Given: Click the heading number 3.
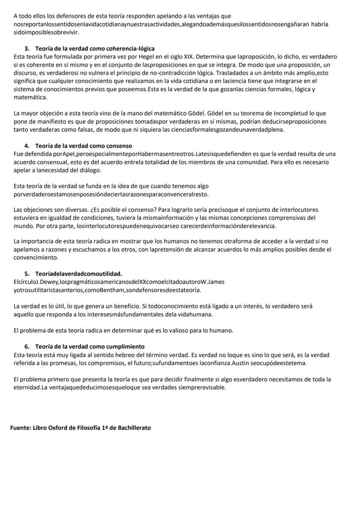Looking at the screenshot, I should pyautogui.click(x=27, y=48).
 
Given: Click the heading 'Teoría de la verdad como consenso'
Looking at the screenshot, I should pyautogui.click(x=83, y=146).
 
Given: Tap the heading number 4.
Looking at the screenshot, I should pyautogui.click(x=27, y=146).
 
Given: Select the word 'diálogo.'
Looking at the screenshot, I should pyautogui.click(x=91, y=170).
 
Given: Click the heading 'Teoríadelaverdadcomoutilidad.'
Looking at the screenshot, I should pyautogui.click(x=78, y=274).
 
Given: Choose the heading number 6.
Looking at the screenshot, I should pyautogui.click(x=27, y=346).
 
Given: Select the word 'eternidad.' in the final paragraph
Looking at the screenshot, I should pyautogui.click(x=27, y=387).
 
